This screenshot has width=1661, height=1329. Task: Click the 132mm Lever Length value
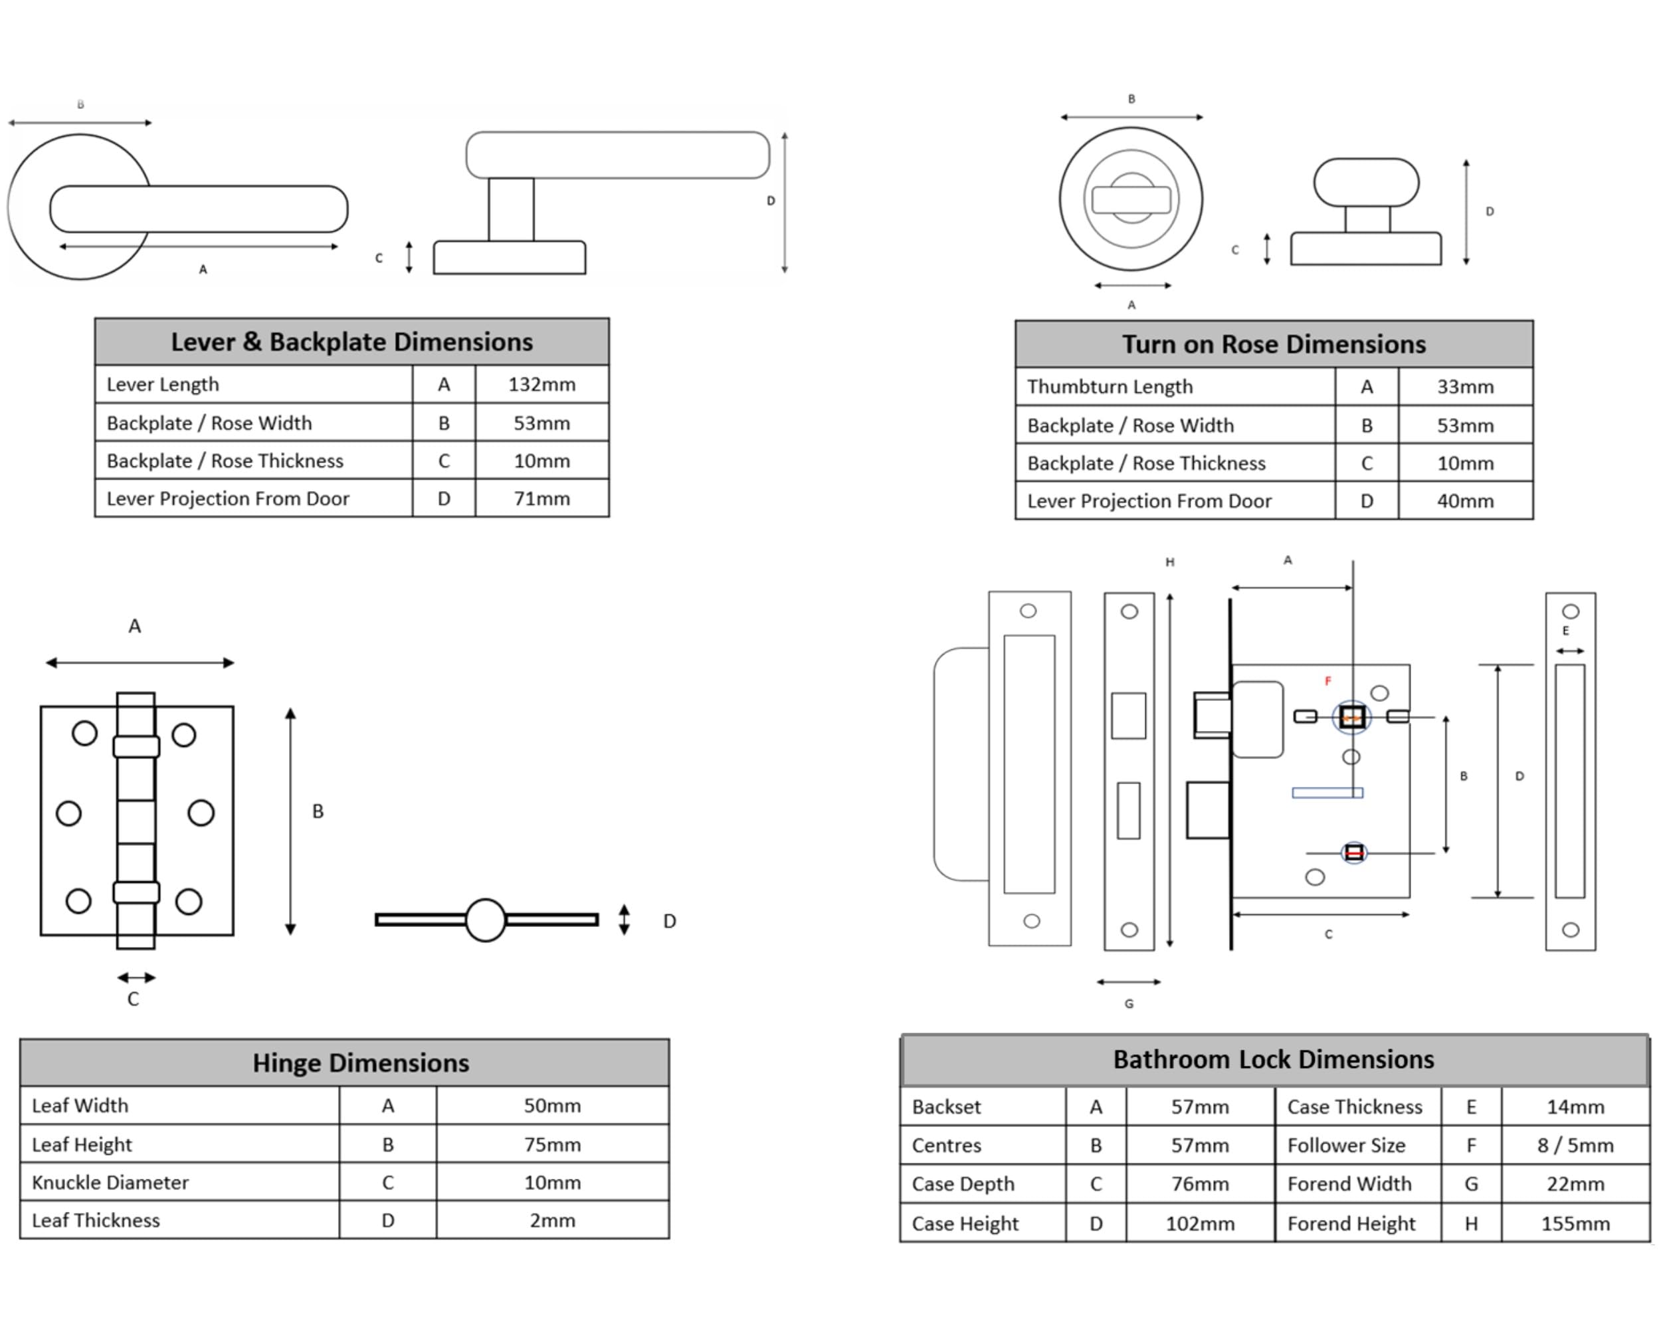pyautogui.click(x=541, y=385)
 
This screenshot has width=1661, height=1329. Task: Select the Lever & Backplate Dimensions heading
pyautogui.click(x=352, y=342)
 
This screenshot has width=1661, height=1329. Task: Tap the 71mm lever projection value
pyautogui.click(x=541, y=498)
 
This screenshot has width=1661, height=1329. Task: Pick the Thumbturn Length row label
pyautogui.click(x=1110, y=387)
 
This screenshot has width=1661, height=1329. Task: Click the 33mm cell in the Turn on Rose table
pyautogui.click(x=1464, y=387)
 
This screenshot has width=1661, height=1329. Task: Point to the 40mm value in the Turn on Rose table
pyautogui.click(x=1464, y=501)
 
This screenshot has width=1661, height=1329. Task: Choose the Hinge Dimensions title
pyautogui.click(x=361, y=1063)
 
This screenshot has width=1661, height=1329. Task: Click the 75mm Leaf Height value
pyautogui.click(x=552, y=1145)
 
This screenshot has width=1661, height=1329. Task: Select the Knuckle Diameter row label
pyautogui.click(x=110, y=1183)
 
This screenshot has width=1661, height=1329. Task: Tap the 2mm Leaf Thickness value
pyautogui.click(x=552, y=1221)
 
